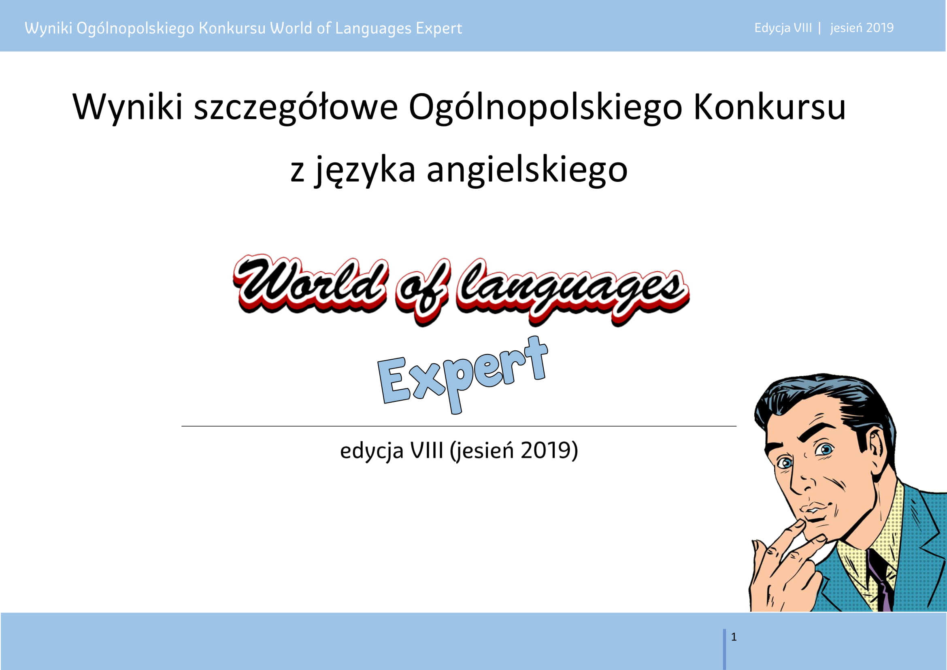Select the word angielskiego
[527, 170]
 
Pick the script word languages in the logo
[572, 291]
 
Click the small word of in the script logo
[422, 291]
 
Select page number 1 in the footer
[734, 637]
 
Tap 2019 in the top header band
[880, 28]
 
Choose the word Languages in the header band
[373, 28]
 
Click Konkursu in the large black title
[770, 107]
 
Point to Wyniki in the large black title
[128, 107]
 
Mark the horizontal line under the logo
[459, 426]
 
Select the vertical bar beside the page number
[724, 649]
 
